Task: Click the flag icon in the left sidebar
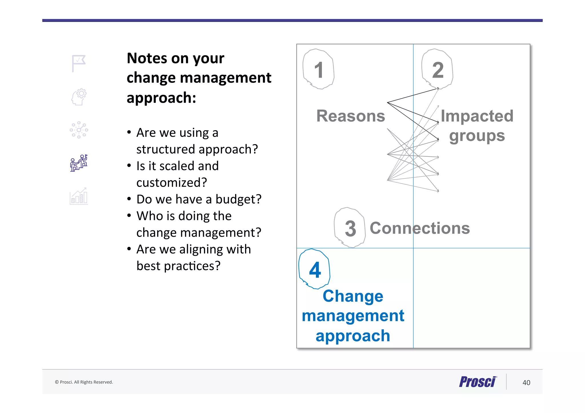79,63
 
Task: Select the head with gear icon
79,97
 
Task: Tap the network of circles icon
79,130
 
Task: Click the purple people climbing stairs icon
79,163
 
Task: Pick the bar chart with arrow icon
79,196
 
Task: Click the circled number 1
318,69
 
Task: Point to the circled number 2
438,69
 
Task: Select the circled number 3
350,228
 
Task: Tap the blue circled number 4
315,269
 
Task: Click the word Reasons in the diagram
350,116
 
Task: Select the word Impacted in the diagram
477,116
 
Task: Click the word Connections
420,228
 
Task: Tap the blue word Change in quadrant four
353,296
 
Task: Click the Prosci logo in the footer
478,382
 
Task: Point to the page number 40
526,382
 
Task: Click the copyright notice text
84,382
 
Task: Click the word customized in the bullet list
171,183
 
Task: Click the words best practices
178,266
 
